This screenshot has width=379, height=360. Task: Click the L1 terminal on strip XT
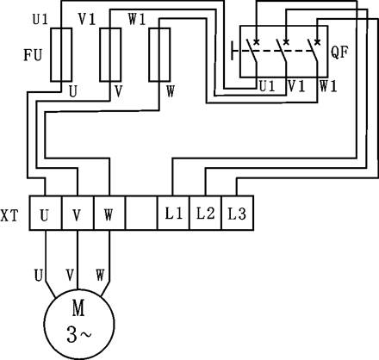[x=173, y=213]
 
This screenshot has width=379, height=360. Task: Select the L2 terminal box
[x=206, y=213]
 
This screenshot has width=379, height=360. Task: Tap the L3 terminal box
[x=238, y=213]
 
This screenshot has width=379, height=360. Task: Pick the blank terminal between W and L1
[x=141, y=213]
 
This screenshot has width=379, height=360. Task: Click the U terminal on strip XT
[x=46, y=213]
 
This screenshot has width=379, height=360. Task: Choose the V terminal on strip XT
[x=78, y=213]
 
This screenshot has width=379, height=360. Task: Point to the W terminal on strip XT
[x=109, y=213]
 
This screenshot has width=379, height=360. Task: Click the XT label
[x=9, y=216]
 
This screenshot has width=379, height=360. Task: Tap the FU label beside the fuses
[x=33, y=55]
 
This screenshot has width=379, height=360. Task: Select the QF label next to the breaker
[x=339, y=53]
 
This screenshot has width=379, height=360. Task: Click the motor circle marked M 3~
[x=79, y=325]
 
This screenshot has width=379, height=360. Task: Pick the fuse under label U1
[x=61, y=54]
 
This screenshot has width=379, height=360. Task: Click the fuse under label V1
[x=110, y=54]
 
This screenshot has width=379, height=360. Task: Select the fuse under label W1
[x=159, y=54]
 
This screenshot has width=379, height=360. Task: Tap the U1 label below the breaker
[x=267, y=86]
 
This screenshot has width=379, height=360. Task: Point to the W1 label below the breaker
[x=328, y=86]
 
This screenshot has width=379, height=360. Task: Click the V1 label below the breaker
[x=296, y=86]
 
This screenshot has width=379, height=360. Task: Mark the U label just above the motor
[x=39, y=275]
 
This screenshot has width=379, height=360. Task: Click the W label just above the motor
[x=100, y=275]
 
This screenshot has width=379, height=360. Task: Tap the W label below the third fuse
[x=171, y=91]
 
